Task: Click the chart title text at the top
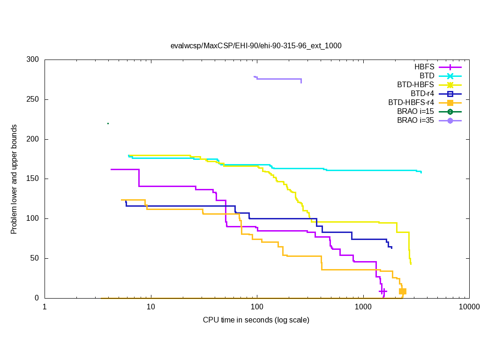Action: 256,46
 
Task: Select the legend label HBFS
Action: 424,67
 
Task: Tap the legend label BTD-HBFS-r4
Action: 411,103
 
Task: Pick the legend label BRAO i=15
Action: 415,112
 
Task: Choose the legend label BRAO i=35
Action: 415,120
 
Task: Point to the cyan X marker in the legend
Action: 450,76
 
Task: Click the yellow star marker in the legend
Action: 450,85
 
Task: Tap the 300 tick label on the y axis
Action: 33,60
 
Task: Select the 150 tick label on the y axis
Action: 33,179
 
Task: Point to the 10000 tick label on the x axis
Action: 469,307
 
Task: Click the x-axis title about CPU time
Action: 256,320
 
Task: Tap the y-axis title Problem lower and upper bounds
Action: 14,180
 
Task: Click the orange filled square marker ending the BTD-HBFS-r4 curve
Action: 402,291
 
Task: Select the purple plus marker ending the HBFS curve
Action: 383,291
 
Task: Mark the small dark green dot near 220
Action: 108,123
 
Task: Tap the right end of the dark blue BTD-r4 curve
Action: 391,247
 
